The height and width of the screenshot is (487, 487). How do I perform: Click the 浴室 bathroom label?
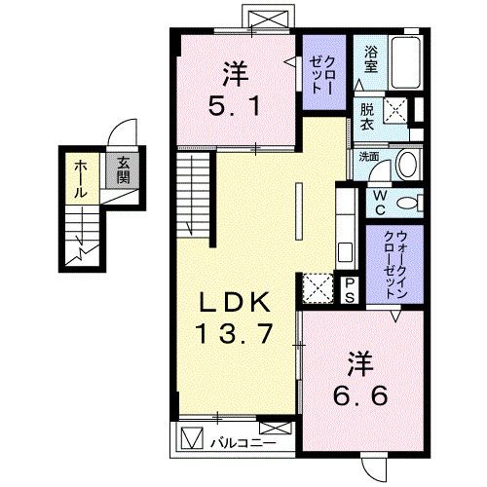(371, 60)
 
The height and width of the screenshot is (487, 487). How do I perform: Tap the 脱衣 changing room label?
(367, 118)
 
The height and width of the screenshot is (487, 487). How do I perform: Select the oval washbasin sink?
(407, 163)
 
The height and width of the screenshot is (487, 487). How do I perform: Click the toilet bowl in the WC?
(413, 203)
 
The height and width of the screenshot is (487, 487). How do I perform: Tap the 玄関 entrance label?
(124, 169)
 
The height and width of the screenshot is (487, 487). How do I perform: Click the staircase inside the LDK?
(195, 196)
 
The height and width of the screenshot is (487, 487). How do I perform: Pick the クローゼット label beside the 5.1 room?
(320, 71)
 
